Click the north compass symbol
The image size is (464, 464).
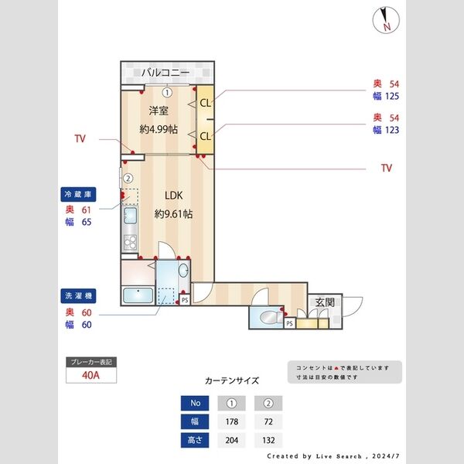coord(384,19)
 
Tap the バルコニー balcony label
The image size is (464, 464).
coord(165,73)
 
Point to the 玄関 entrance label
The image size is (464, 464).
coord(324,302)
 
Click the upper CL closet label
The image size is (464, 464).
coord(205,102)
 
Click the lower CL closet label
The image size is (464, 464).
coord(205,136)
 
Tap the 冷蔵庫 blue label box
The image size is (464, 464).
coord(78,195)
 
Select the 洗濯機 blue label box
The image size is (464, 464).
coord(78,295)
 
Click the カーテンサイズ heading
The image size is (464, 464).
coord(232,380)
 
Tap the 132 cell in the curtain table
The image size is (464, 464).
coord(267,441)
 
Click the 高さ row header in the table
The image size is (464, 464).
coord(195,441)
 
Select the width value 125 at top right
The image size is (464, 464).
coord(391,97)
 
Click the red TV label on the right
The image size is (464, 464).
coord(387,167)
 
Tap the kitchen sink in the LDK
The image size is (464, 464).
coord(128,217)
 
